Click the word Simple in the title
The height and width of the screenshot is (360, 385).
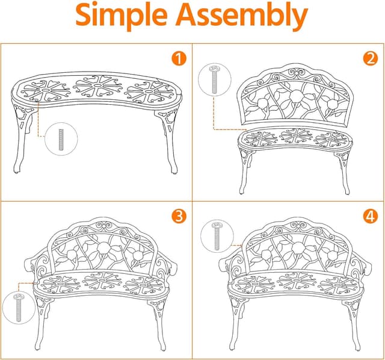coord(122,15)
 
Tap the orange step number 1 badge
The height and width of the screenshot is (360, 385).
coord(179,59)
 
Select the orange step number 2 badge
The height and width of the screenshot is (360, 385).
coord(371,58)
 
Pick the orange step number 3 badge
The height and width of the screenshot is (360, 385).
coord(179,216)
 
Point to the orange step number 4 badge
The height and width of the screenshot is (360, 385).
coord(371,216)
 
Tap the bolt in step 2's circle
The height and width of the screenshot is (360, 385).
coord(214,79)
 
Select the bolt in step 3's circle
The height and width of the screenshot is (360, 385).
coord(19,307)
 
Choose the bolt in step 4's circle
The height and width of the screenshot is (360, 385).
coord(217,236)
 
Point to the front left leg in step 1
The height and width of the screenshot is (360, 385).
coord(21,138)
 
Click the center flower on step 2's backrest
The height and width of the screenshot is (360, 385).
coord(295,96)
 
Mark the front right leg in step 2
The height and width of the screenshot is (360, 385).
coord(343,172)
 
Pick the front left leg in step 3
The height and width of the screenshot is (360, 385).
coord(42,324)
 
